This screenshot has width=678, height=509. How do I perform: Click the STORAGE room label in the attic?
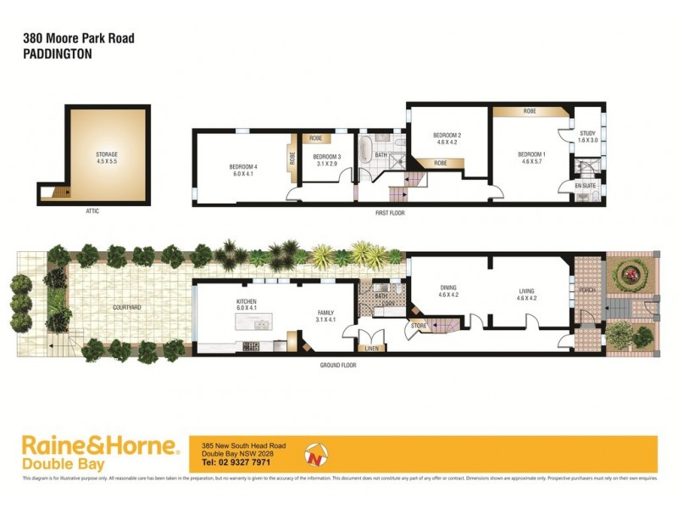[x=106, y=154]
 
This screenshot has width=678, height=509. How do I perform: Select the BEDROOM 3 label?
[x=326, y=157]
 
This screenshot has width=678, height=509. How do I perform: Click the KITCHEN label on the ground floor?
[x=247, y=301]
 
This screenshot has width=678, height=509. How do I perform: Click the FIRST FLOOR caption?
[x=390, y=213]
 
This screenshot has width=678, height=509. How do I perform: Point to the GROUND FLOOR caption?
[x=337, y=366]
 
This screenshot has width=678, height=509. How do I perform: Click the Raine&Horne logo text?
[x=100, y=445]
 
